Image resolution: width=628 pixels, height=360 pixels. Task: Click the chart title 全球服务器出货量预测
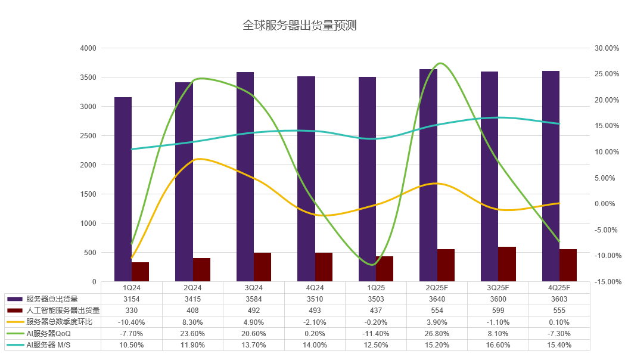click(299, 26)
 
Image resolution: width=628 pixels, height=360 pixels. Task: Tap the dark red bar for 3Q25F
click(507, 264)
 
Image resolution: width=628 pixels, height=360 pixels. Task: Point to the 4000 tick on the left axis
click(88, 48)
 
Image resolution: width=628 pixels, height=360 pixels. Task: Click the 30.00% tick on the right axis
click(607, 48)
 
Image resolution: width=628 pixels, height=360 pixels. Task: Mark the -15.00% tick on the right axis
click(607, 282)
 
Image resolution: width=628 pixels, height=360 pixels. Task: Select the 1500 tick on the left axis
click(88, 194)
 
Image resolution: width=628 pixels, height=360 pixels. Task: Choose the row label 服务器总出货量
click(52, 299)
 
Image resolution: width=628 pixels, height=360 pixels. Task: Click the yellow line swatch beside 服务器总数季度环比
click(15, 322)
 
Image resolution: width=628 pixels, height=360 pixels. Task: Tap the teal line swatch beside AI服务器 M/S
click(15, 345)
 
